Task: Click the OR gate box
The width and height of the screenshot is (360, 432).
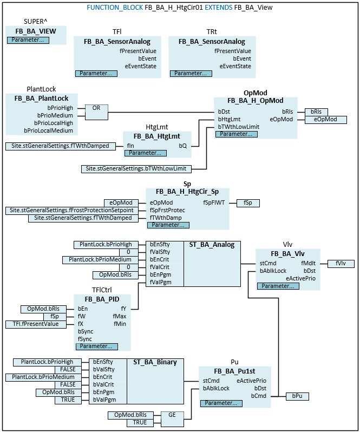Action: [x=96, y=108]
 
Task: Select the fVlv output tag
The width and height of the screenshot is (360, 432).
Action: [x=341, y=264]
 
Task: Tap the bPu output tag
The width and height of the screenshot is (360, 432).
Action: [x=297, y=396]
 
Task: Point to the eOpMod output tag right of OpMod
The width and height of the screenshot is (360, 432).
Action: [x=326, y=120]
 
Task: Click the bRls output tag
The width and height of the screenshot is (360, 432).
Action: [x=316, y=112]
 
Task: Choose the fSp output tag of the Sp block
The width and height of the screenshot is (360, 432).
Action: [x=248, y=203]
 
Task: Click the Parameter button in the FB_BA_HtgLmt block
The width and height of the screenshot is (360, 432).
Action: [x=142, y=153]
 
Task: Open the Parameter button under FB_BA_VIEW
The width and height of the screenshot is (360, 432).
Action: [x=29, y=40]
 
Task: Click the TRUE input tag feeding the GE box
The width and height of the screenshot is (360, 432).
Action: [x=140, y=422]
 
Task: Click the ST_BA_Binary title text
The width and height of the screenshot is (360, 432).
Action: [x=155, y=362]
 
